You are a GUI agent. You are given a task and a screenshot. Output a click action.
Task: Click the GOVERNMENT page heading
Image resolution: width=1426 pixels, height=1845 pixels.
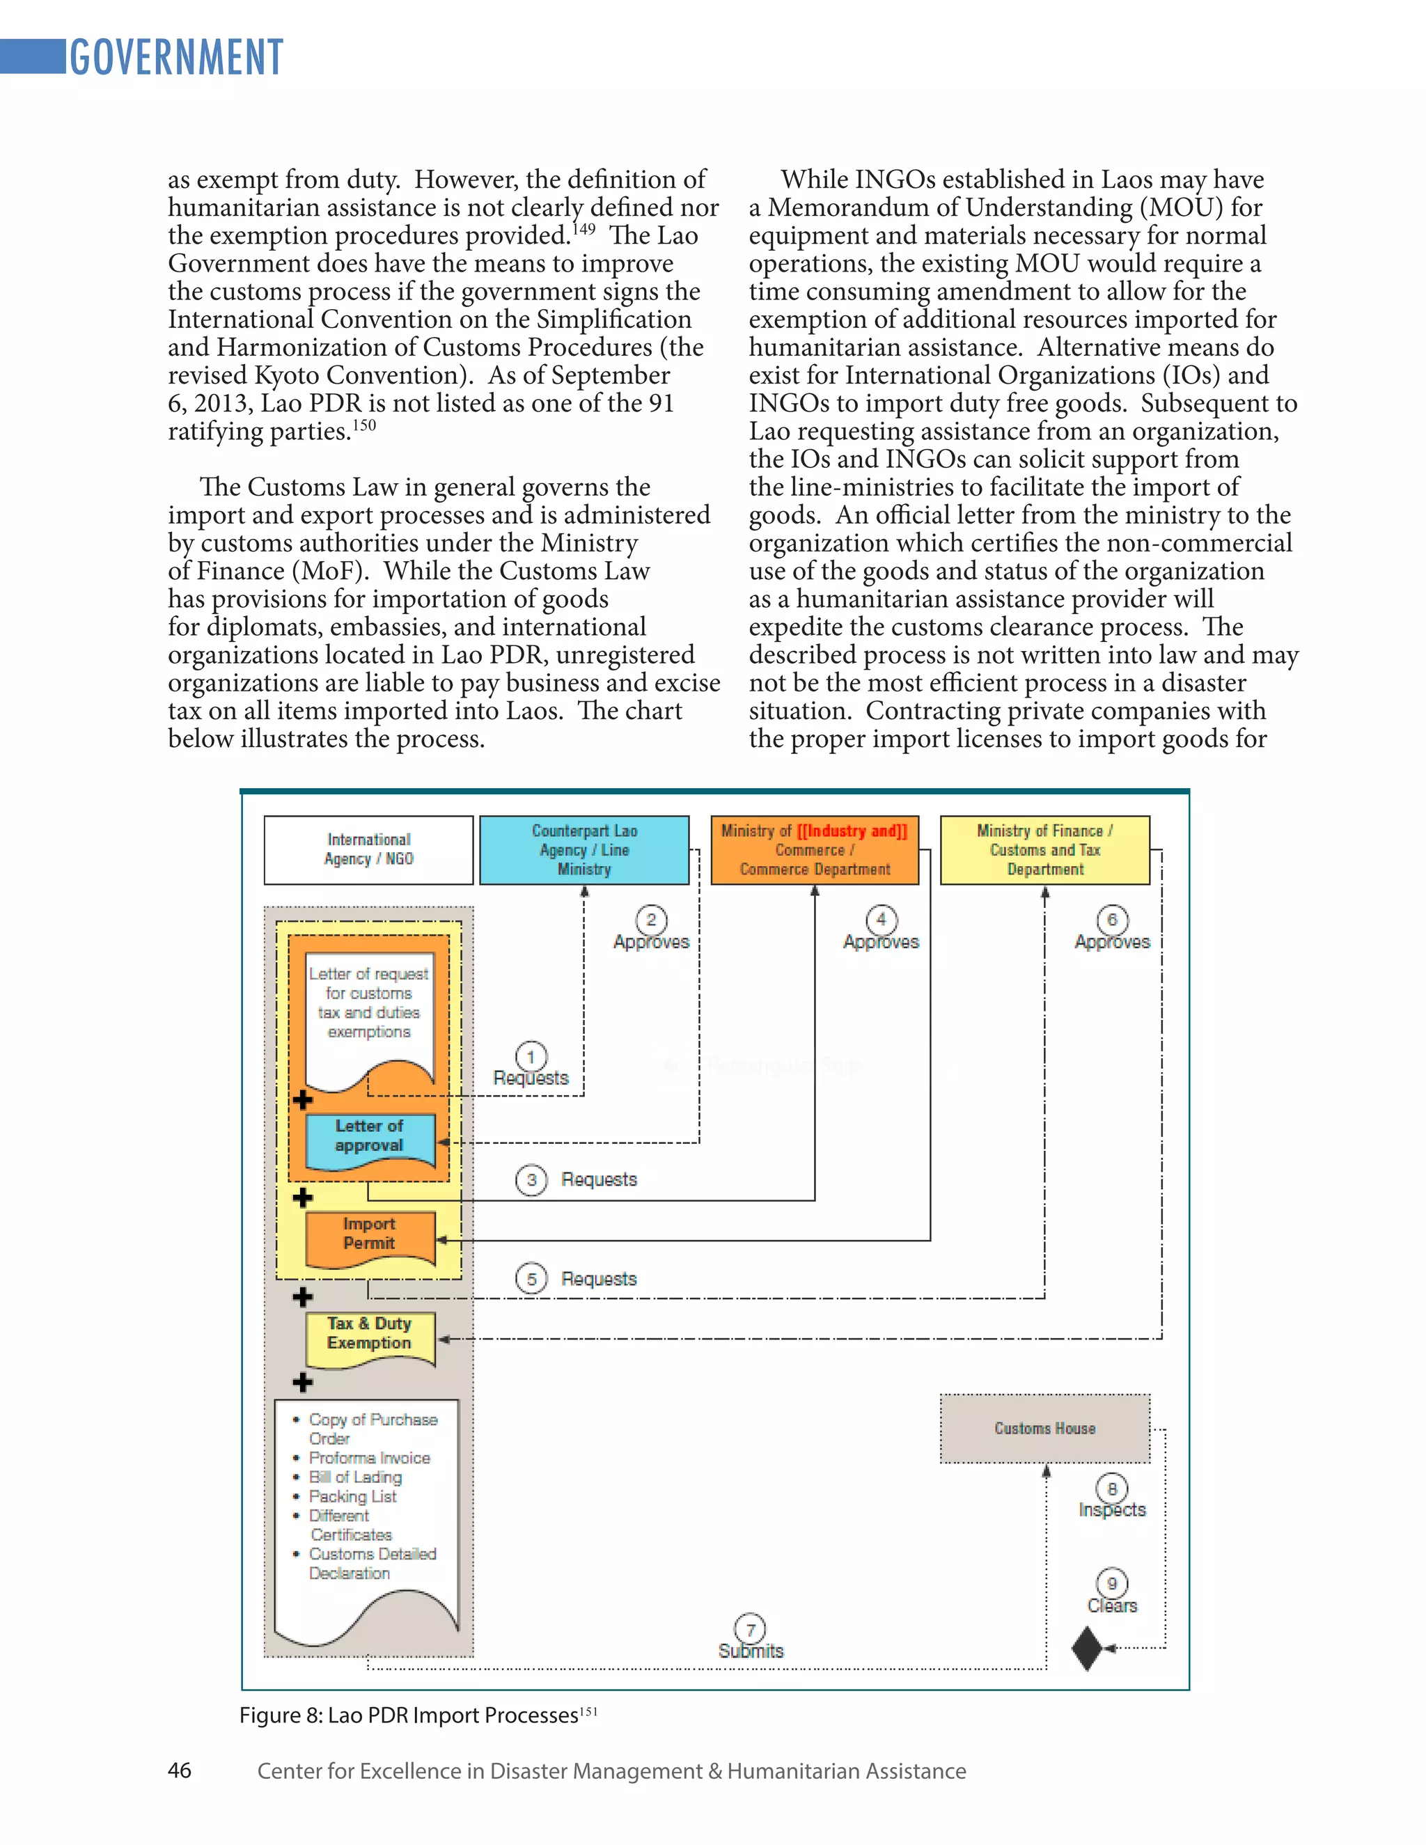pyautogui.click(x=175, y=58)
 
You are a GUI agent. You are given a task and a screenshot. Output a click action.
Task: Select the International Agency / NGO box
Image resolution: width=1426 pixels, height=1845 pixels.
pyautogui.click(x=368, y=849)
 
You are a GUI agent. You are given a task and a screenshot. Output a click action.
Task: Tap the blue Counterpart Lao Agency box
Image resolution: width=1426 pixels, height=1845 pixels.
pyautogui.click(x=583, y=849)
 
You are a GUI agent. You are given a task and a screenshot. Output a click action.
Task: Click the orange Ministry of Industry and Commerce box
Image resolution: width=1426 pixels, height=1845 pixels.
pyautogui.click(x=815, y=849)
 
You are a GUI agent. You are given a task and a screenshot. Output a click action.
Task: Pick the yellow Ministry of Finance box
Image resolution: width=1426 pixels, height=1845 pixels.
pyautogui.click(x=1044, y=849)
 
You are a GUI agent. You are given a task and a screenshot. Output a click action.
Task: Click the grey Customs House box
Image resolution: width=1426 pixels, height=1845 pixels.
pyautogui.click(x=1044, y=1428)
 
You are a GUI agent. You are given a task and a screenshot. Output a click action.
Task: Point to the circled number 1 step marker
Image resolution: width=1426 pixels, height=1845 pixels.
pyautogui.click(x=531, y=1057)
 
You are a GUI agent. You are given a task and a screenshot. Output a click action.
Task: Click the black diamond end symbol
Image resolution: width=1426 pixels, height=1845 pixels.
pyautogui.click(x=1087, y=1648)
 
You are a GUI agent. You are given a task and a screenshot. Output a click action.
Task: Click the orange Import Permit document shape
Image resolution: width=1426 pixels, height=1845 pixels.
pyautogui.click(x=369, y=1236)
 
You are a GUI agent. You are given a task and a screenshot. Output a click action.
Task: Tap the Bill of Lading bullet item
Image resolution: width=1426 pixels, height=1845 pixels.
pyautogui.click(x=355, y=1477)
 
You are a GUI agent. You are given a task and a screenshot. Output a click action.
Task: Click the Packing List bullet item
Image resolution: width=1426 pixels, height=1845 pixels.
pyautogui.click(x=352, y=1496)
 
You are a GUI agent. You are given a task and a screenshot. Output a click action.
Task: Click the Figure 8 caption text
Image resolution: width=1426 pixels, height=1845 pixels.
pyautogui.click(x=409, y=1715)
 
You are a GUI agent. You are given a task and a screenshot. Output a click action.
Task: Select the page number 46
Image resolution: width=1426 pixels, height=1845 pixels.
pyautogui.click(x=179, y=1770)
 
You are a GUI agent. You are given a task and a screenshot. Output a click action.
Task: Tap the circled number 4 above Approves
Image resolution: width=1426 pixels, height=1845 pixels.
pyautogui.click(x=881, y=919)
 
